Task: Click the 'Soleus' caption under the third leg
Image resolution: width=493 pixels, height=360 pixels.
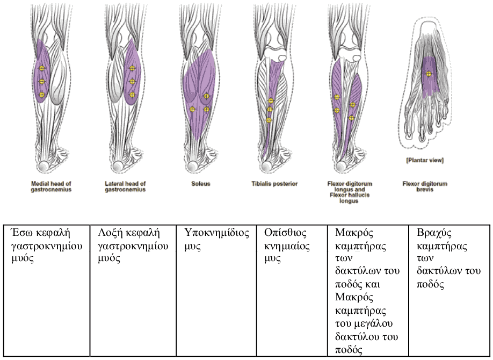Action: point(201,183)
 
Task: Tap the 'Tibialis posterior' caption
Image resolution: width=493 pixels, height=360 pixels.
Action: point(274,183)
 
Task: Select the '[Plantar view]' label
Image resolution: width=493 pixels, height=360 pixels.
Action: point(425,160)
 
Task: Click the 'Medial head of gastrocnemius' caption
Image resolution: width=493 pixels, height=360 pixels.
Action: point(51,186)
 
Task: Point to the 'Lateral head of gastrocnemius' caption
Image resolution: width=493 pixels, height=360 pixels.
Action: point(125,186)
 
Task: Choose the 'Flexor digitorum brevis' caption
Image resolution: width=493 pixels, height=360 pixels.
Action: point(425,186)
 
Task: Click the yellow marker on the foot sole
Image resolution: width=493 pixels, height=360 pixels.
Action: point(429,74)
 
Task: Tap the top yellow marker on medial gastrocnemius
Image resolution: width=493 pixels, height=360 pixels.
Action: point(42,68)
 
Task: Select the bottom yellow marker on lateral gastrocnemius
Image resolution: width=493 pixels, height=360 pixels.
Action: point(132,95)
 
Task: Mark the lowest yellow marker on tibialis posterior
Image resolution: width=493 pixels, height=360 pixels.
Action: point(269,120)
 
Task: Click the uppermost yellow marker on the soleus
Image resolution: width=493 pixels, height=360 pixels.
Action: point(206,96)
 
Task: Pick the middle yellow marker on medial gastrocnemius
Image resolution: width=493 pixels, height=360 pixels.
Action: point(42,82)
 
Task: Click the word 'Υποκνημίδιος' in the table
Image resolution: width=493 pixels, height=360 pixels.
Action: point(216,233)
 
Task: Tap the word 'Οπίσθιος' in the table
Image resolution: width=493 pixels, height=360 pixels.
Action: point(285,233)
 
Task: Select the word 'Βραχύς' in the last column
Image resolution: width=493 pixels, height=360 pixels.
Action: point(434,233)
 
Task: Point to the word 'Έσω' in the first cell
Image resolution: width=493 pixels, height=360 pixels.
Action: point(22,233)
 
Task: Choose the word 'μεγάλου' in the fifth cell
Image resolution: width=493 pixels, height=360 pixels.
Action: point(373,324)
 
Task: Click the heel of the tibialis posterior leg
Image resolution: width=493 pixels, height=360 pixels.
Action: point(267,166)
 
